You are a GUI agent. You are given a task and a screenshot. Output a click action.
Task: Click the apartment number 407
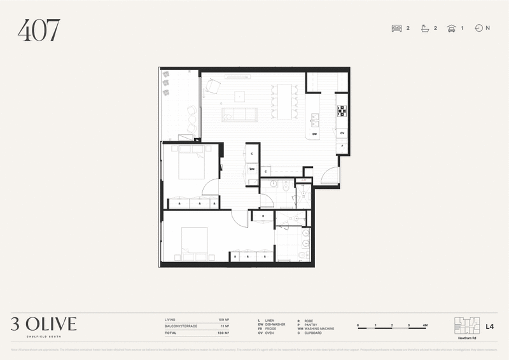click(39, 30)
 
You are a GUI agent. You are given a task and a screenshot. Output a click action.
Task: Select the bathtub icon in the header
click(424, 28)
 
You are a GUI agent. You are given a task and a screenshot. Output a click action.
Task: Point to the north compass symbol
click(478, 28)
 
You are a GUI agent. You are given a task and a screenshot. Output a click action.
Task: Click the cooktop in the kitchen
click(342, 111)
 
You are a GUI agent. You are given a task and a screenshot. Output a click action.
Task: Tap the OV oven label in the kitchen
click(342, 133)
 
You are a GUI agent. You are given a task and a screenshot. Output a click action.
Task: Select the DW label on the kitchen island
click(314, 134)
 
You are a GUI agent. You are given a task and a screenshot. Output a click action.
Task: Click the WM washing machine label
click(252, 169)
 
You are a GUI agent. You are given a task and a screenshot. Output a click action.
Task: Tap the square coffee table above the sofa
click(239, 96)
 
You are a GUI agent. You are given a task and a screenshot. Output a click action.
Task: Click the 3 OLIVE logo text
click(43, 324)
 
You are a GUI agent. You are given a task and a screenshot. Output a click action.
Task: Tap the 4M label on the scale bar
click(425, 325)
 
